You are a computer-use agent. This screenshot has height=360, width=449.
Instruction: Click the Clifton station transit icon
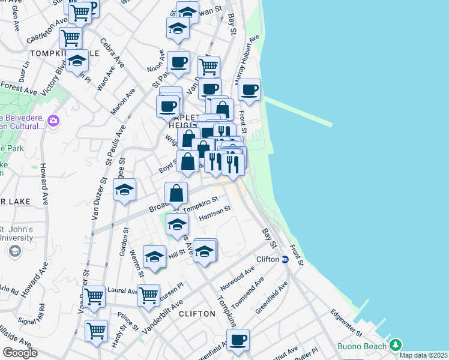(286, 259)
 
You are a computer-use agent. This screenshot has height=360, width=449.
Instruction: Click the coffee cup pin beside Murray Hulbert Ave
(249, 90)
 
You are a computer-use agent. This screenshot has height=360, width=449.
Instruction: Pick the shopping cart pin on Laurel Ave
(148, 295)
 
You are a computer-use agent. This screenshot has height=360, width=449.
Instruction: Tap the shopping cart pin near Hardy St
(96, 330)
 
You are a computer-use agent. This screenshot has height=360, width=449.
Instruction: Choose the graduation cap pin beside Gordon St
(125, 190)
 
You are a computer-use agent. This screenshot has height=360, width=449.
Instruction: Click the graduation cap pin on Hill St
(154, 256)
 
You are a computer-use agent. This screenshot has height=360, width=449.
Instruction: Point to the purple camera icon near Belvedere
(53, 121)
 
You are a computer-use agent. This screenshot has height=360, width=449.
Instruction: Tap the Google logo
(20, 353)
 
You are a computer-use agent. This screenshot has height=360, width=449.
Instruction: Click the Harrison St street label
(215, 213)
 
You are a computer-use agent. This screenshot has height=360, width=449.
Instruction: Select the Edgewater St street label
(345, 323)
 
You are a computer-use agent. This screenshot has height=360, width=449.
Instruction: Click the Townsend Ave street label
(248, 293)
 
